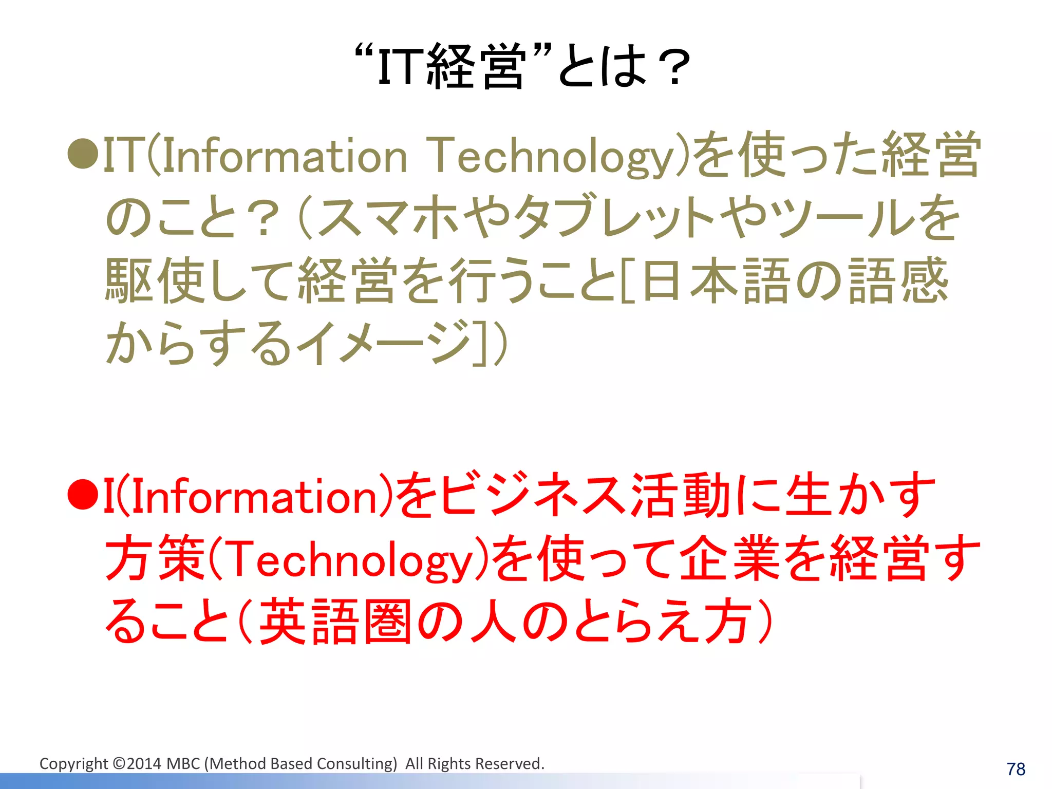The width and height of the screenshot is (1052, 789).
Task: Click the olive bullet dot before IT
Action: (83, 154)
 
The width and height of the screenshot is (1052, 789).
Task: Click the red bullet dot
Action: (83, 495)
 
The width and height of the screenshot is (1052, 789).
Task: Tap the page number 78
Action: (1016, 769)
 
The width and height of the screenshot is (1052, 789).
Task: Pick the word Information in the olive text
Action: (285, 156)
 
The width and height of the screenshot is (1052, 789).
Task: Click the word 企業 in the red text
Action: (729, 559)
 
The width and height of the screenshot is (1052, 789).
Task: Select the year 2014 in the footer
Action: (144, 764)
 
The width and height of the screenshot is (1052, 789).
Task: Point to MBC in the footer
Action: (183, 764)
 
